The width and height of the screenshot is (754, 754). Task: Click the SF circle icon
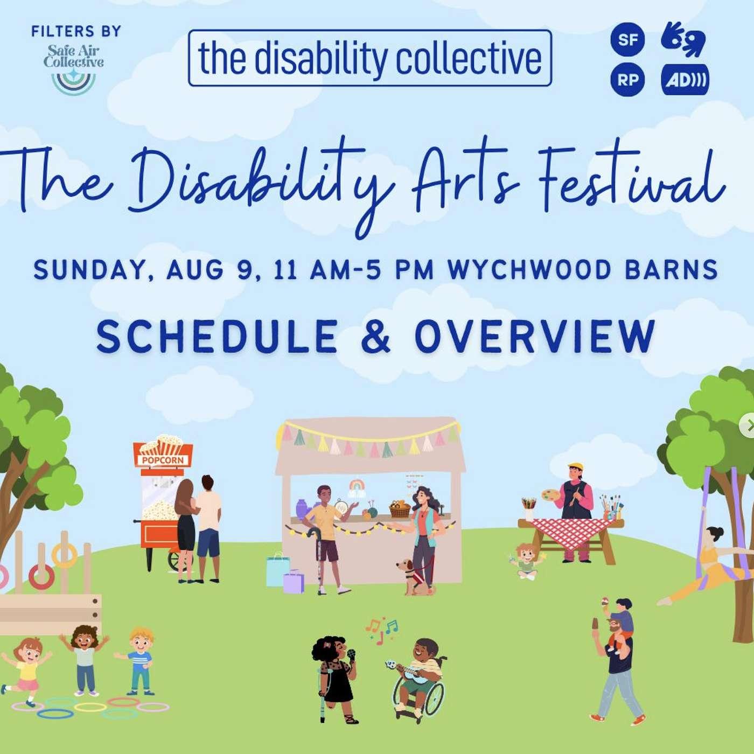pyautogui.click(x=627, y=39)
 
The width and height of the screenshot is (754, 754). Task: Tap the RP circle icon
pyautogui.click(x=627, y=79)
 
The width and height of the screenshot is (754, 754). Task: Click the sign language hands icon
pyautogui.click(x=683, y=39)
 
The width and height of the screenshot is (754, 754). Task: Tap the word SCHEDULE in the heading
pyautogui.click(x=217, y=336)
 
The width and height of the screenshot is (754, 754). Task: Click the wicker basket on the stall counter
pyautogui.click(x=400, y=508)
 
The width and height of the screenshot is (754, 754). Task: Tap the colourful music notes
pyautogui.click(x=381, y=630)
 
